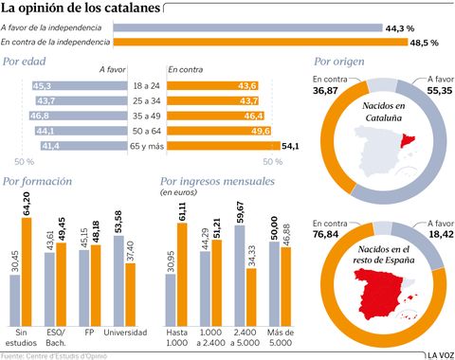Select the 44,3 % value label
(399, 29)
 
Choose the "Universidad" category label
(123, 332)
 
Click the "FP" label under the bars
(89, 332)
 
